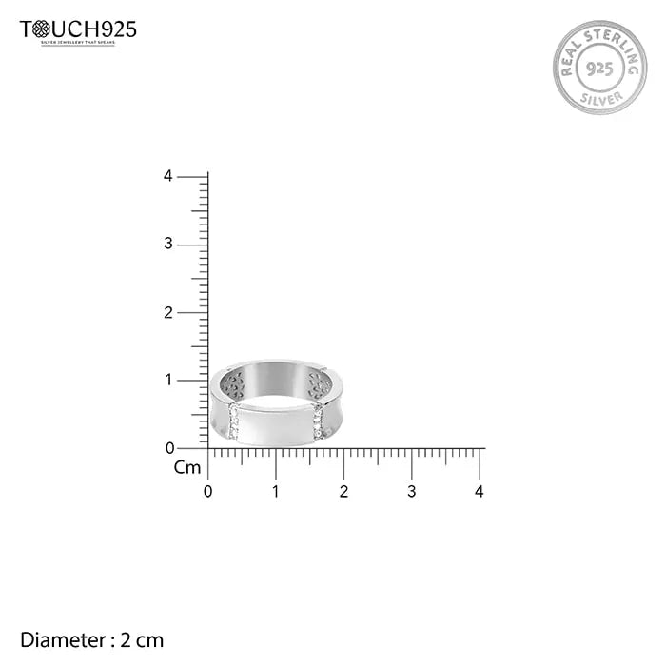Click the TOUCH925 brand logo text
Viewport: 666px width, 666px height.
[x=78, y=29]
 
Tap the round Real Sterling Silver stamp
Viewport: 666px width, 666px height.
[x=599, y=68]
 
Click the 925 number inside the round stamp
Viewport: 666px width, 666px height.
[x=599, y=69]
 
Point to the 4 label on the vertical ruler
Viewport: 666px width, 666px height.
[x=167, y=176]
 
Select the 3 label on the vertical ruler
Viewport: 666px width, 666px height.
[x=167, y=245]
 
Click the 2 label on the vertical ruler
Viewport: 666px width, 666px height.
[x=167, y=312]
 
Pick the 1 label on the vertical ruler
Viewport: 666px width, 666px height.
[x=167, y=380]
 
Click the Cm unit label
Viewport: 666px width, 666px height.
[x=187, y=467]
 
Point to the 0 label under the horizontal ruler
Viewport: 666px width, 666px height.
[x=208, y=492]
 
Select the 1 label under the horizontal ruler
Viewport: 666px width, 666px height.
[x=276, y=492]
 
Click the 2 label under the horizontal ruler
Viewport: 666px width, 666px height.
[x=343, y=492]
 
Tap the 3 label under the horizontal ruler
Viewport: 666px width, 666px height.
[x=412, y=492]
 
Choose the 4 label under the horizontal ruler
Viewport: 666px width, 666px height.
[x=480, y=492]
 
